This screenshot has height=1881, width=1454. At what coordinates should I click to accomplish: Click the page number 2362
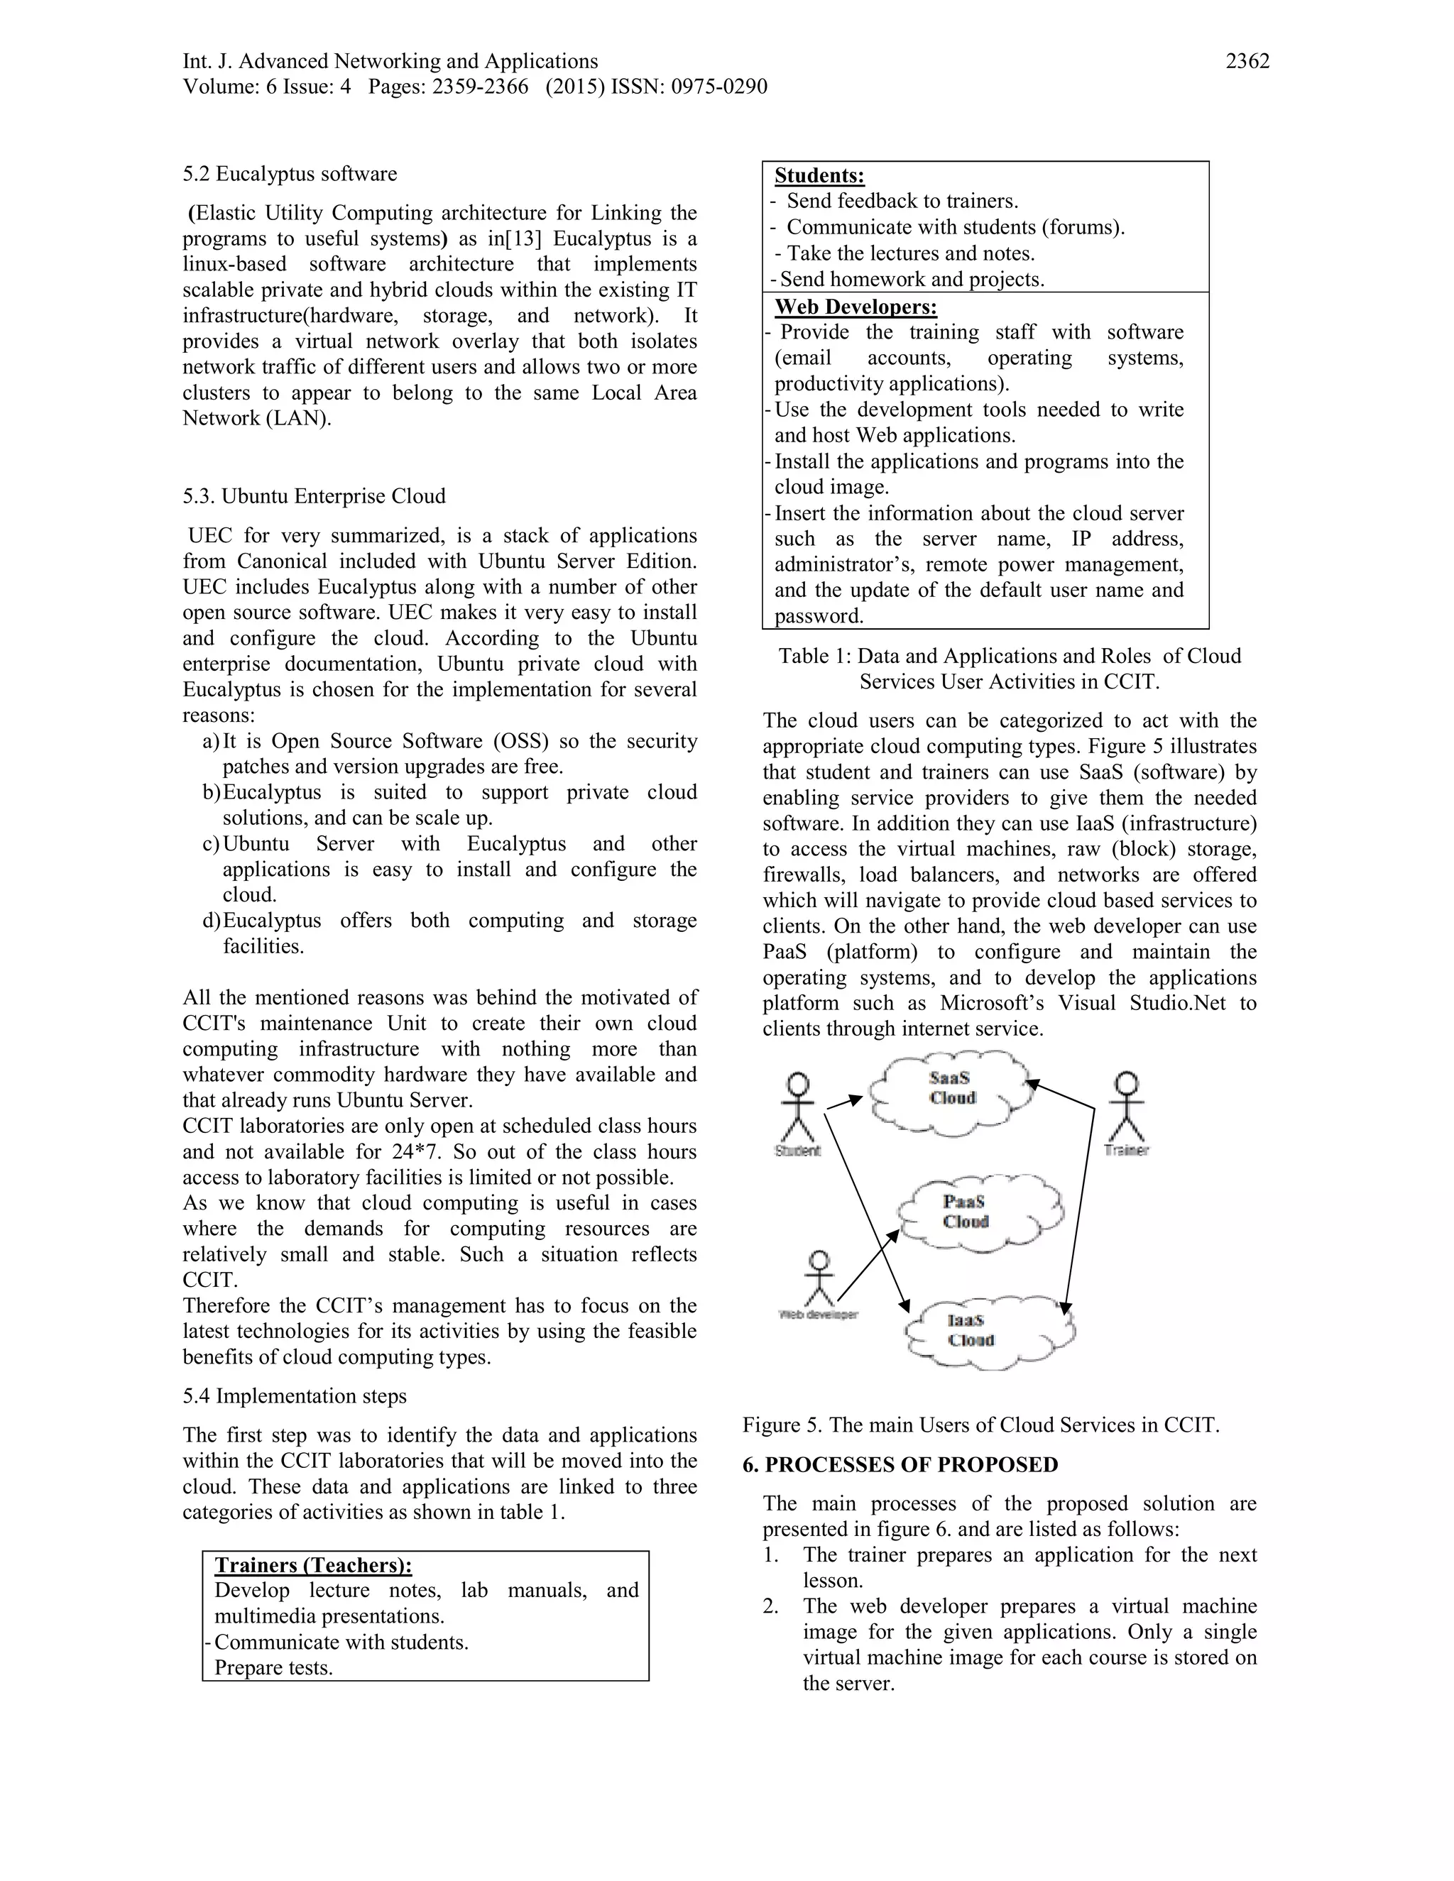(1247, 61)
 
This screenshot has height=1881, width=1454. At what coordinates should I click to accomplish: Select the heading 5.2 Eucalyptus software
(290, 174)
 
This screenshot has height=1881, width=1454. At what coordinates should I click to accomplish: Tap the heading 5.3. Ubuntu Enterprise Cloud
(314, 496)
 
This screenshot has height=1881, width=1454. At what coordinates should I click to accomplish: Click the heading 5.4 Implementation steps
(295, 1396)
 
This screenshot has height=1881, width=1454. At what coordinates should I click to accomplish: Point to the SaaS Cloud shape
(951, 1090)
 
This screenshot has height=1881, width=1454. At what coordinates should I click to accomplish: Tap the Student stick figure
(799, 1109)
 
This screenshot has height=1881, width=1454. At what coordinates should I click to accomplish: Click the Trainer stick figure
(1126, 1109)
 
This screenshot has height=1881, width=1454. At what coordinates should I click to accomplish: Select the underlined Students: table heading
(819, 176)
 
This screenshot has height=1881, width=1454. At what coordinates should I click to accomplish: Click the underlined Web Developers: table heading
(856, 307)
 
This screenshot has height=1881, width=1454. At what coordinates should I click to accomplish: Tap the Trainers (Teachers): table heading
(314, 1566)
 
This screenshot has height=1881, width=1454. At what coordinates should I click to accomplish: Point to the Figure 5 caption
(980, 1425)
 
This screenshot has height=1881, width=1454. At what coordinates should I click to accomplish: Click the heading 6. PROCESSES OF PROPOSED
(900, 1465)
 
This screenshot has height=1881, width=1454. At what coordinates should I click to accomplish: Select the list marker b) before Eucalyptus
(212, 792)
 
